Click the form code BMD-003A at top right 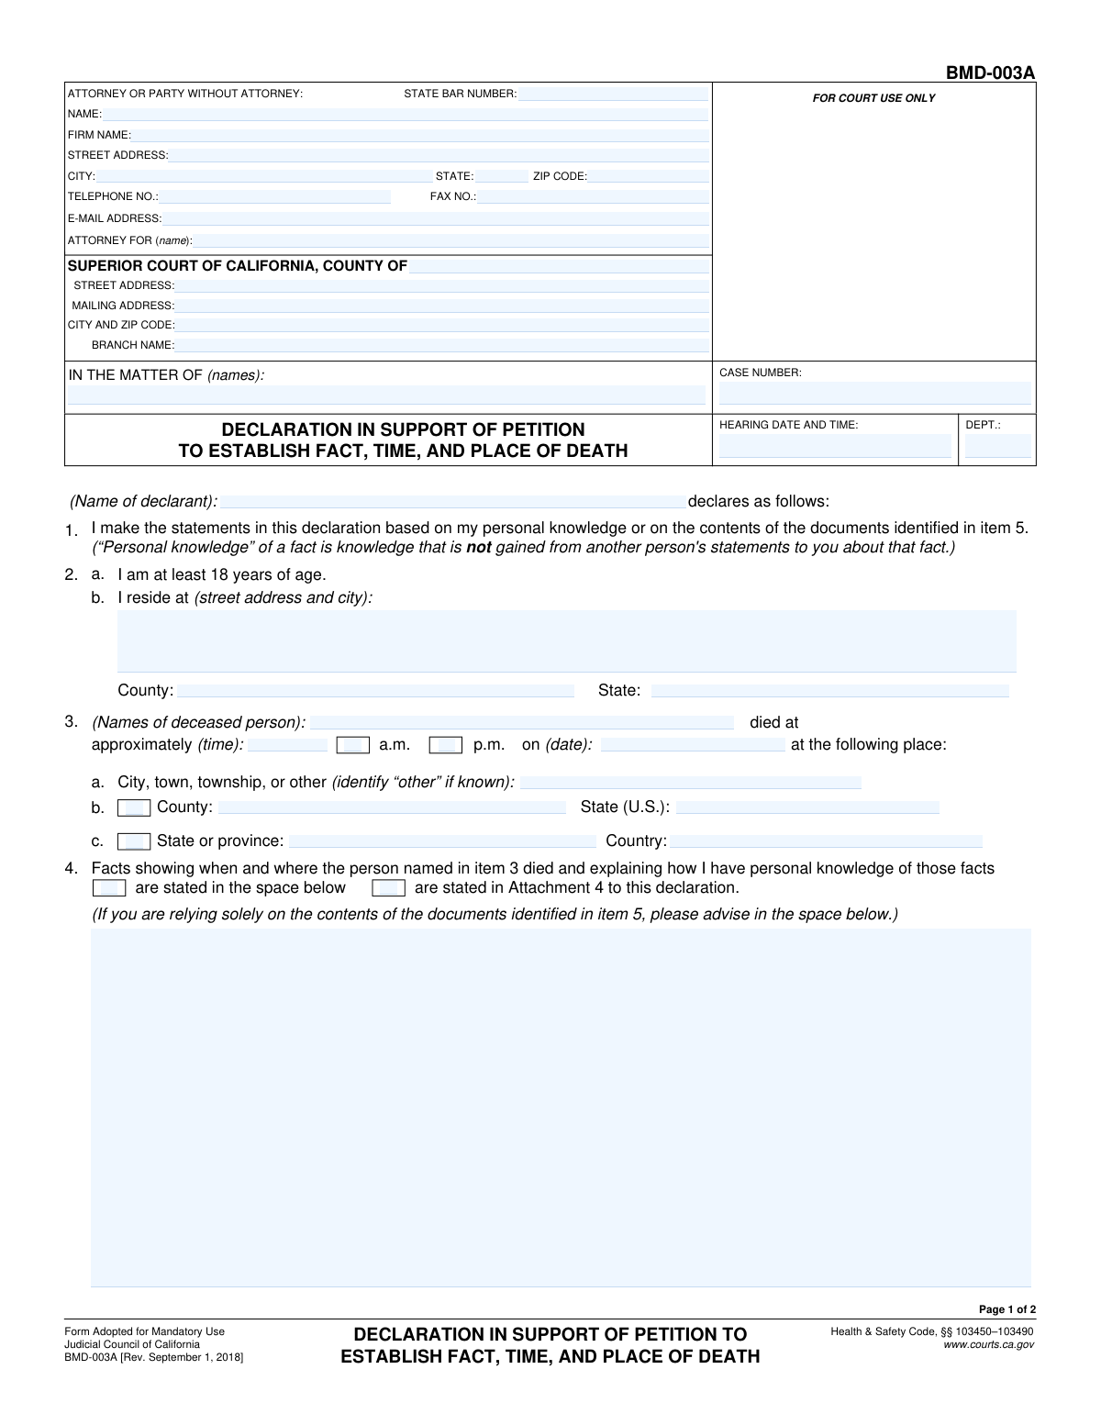tap(992, 72)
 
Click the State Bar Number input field tap(613, 94)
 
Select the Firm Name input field tap(420, 135)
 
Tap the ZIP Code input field tap(648, 176)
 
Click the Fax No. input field tap(593, 196)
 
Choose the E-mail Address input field tap(436, 218)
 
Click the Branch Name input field tap(442, 345)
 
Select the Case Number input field tap(874, 394)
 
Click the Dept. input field tap(997, 447)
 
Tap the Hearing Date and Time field tap(835, 447)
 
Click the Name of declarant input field tap(452, 502)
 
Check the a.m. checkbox tap(353, 745)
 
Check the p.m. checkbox tap(446, 745)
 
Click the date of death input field tap(693, 745)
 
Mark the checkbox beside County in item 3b tap(134, 808)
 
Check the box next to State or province tap(134, 841)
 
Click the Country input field tap(826, 841)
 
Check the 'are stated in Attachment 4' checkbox tap(388, 888)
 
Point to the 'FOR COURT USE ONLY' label tap(873, 98)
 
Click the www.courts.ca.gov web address tap(988, 1344)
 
